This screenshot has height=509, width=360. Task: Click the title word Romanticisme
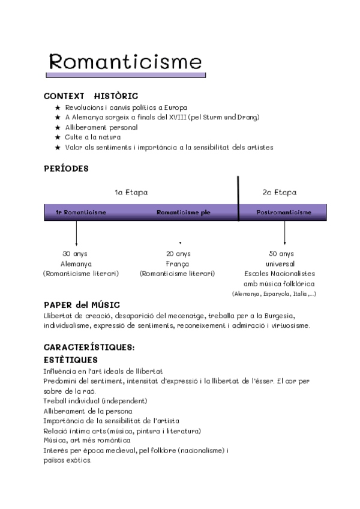(125, 61)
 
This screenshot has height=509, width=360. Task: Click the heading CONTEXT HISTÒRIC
(91, 96)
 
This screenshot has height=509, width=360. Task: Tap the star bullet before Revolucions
(58, 107)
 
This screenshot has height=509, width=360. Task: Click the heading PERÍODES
(66, 169)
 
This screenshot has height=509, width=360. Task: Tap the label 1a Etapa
(131, 193)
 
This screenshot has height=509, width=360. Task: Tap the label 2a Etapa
(280, 193)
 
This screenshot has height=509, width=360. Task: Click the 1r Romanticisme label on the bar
(80, 212)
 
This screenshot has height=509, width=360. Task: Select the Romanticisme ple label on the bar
(183, 212)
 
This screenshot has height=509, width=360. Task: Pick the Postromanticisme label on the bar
(283, 212)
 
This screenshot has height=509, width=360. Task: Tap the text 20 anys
(178, 254)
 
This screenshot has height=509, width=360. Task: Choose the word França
(178, 264)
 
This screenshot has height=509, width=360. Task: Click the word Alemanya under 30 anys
(76, 264)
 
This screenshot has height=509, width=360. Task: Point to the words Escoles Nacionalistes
(280, 274)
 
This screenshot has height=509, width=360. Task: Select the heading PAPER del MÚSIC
(82, 304)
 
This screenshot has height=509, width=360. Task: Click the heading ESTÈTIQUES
(71, 360)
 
